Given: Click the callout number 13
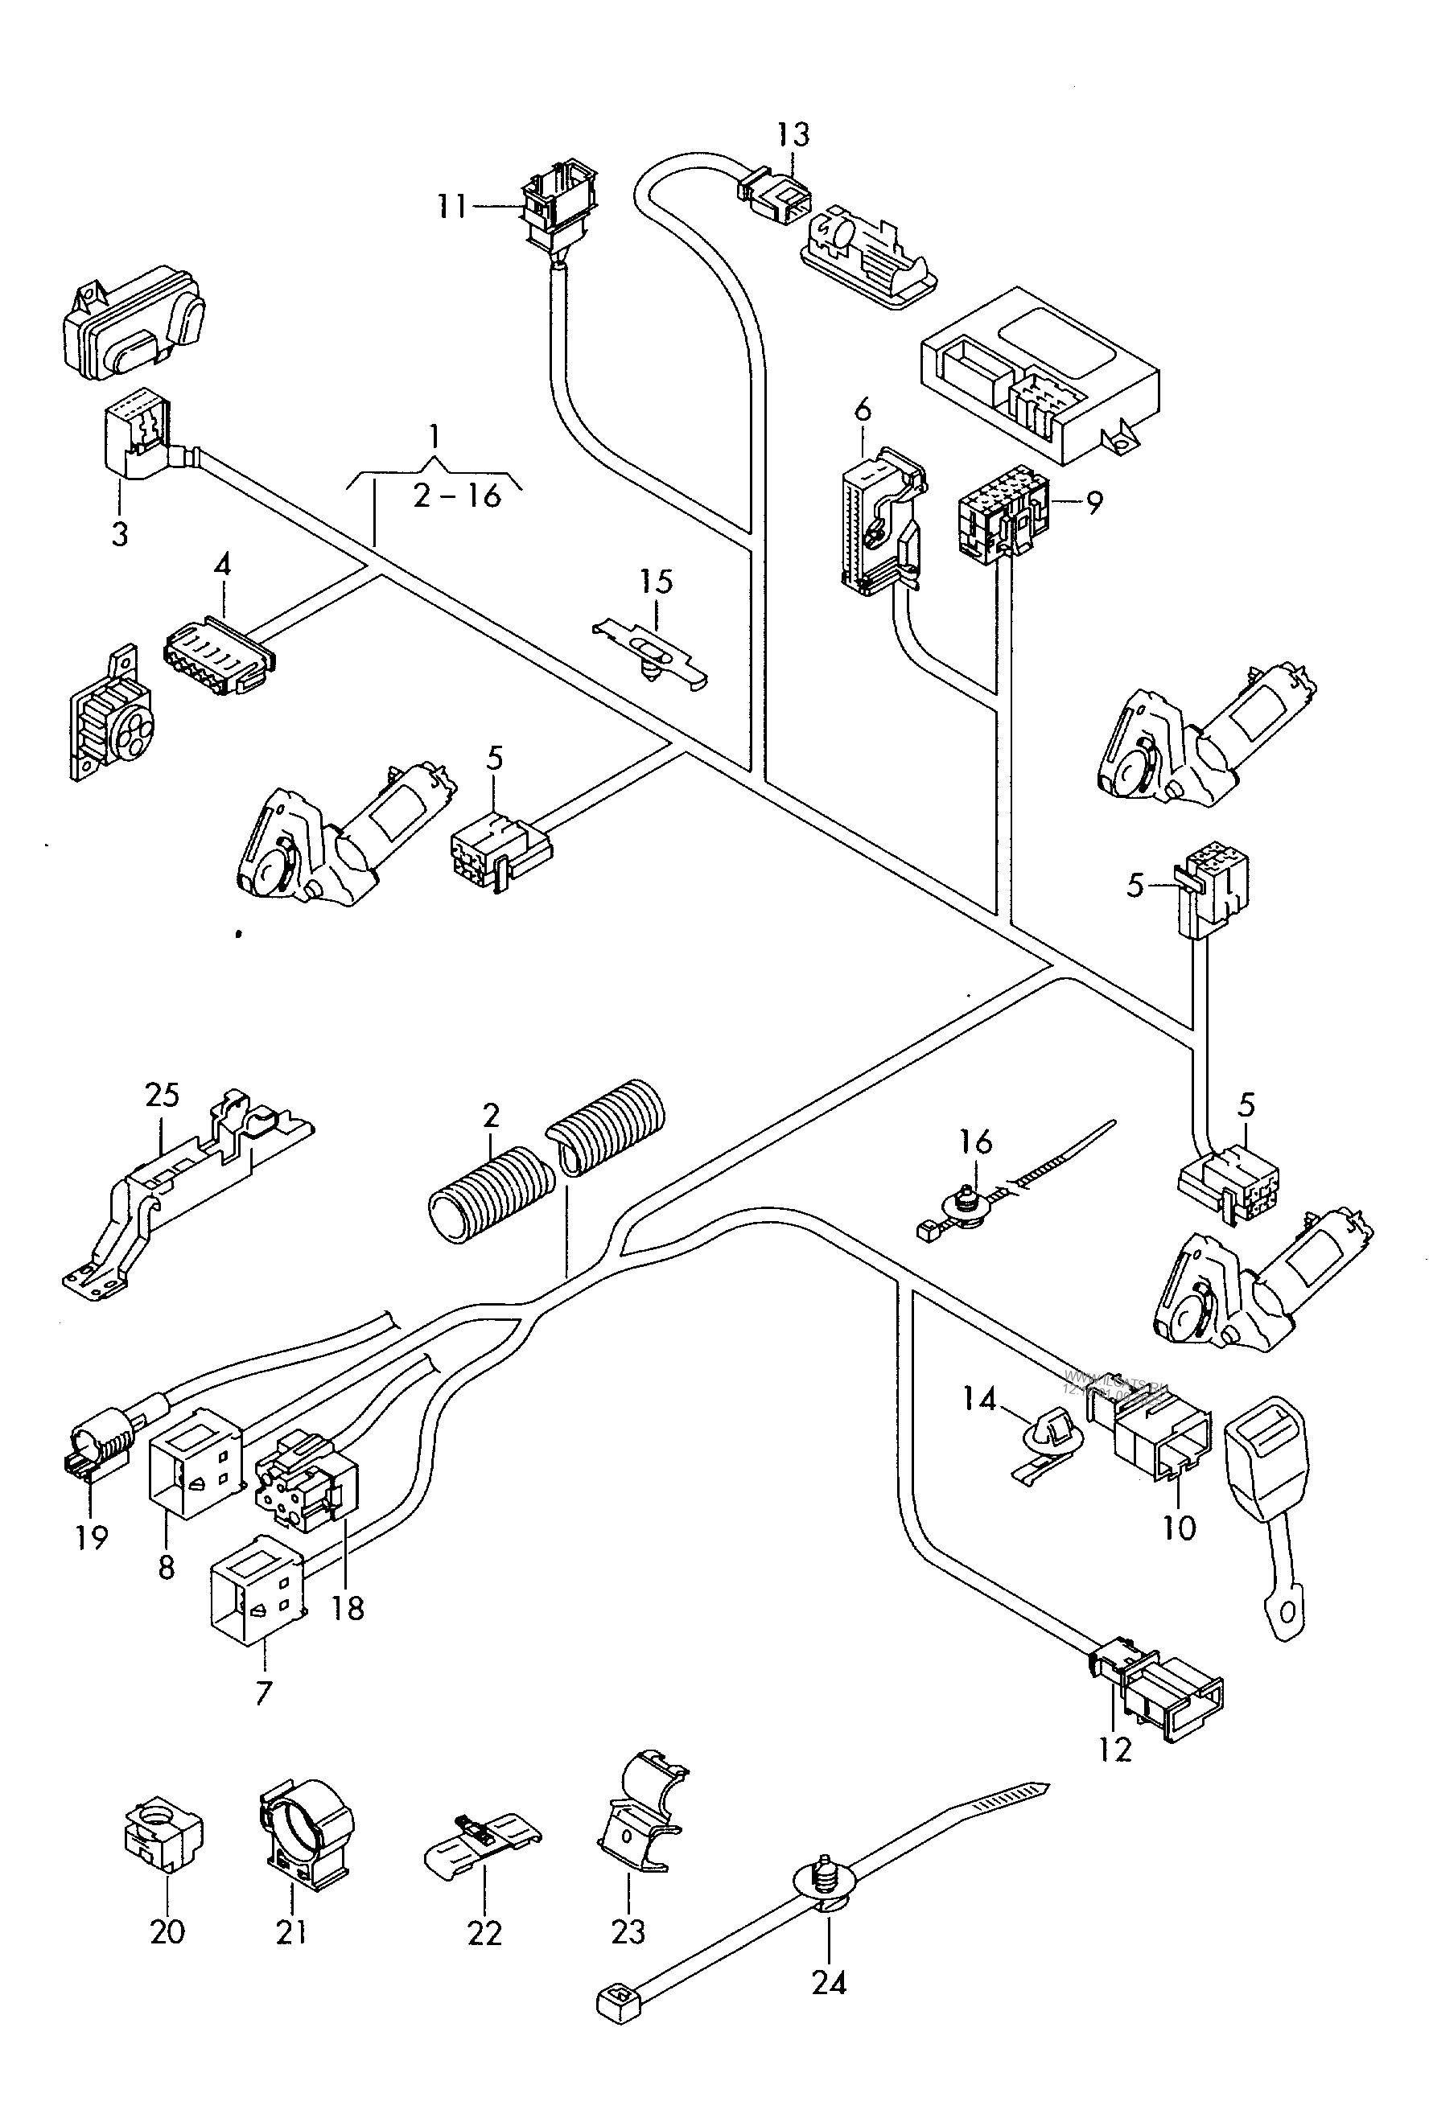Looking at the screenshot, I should point(793,134).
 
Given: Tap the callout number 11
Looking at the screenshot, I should point(451,207).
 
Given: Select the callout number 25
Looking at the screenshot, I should point(162,1095).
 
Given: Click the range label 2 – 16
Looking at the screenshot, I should point(458,496).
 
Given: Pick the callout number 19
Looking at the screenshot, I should point(92,1537).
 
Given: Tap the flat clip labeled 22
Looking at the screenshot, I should point(482,1837).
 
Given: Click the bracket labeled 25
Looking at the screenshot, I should point(187,1191).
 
